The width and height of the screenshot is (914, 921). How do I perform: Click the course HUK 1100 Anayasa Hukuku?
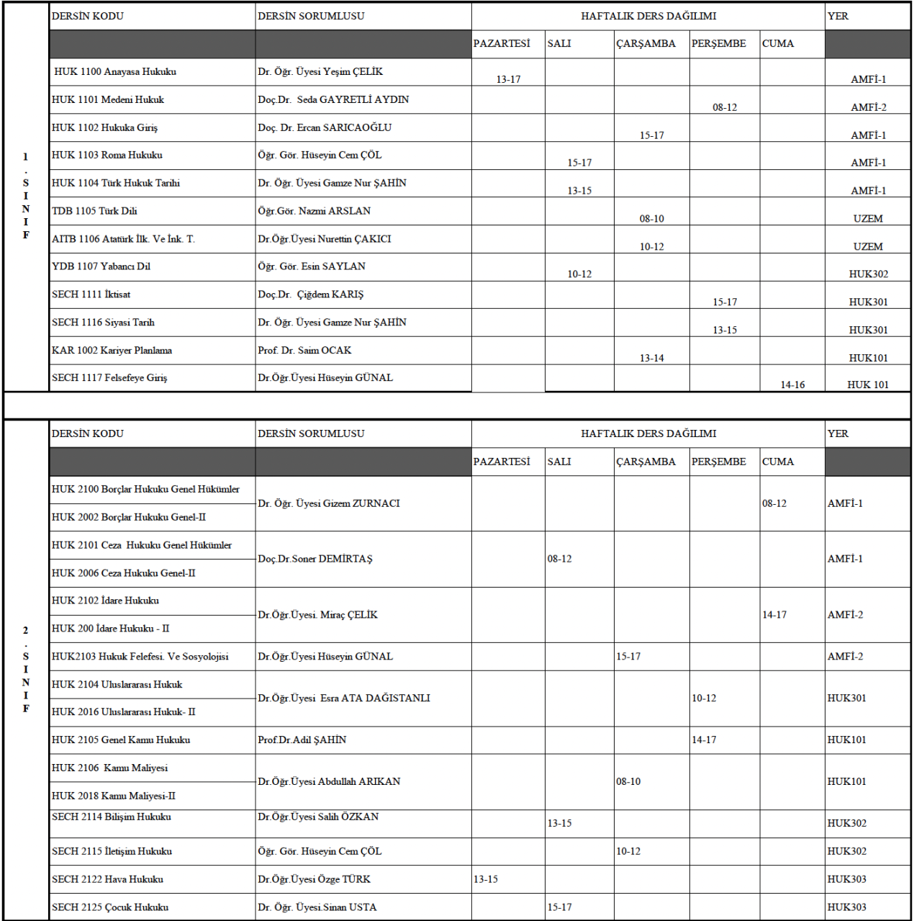click(x=115, y=72)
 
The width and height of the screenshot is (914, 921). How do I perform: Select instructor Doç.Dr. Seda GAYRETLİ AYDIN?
click(x=333, y=99)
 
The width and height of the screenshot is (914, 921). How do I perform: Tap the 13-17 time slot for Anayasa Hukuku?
click(x=508, y=79)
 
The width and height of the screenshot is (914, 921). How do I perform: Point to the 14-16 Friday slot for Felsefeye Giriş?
click(x=792, y=385)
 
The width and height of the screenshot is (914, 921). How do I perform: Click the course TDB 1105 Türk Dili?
click(x=94, y=211)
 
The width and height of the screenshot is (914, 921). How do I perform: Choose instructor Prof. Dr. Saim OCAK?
click(x=304, y=351)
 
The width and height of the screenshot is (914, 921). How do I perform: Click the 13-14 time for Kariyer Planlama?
click(x=651, y=358)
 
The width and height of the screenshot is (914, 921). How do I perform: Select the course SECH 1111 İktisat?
click(x=91, y=295)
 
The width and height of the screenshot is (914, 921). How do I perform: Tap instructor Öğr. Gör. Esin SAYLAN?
click(x=312, y=266)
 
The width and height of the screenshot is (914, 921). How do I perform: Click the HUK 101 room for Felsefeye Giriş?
click(x=868, y=385)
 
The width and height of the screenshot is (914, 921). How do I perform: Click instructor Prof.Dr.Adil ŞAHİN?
click(x=302, y=740)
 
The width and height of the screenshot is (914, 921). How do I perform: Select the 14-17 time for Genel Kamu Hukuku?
click(x=704, y=740)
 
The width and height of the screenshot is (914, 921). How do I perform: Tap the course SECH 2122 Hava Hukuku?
click(x=107, y=879)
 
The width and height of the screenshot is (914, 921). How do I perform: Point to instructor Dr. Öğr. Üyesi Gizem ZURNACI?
click(x=329, y=503)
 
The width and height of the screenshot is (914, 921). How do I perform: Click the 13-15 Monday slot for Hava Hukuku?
click(x=486, y=879)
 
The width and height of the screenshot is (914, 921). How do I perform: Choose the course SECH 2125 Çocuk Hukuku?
click(x=110, y=907)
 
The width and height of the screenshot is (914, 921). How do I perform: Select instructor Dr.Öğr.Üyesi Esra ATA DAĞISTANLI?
click(x=344, y=698)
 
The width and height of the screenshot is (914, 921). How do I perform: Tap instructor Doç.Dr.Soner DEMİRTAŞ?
click(x=315, y=559)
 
